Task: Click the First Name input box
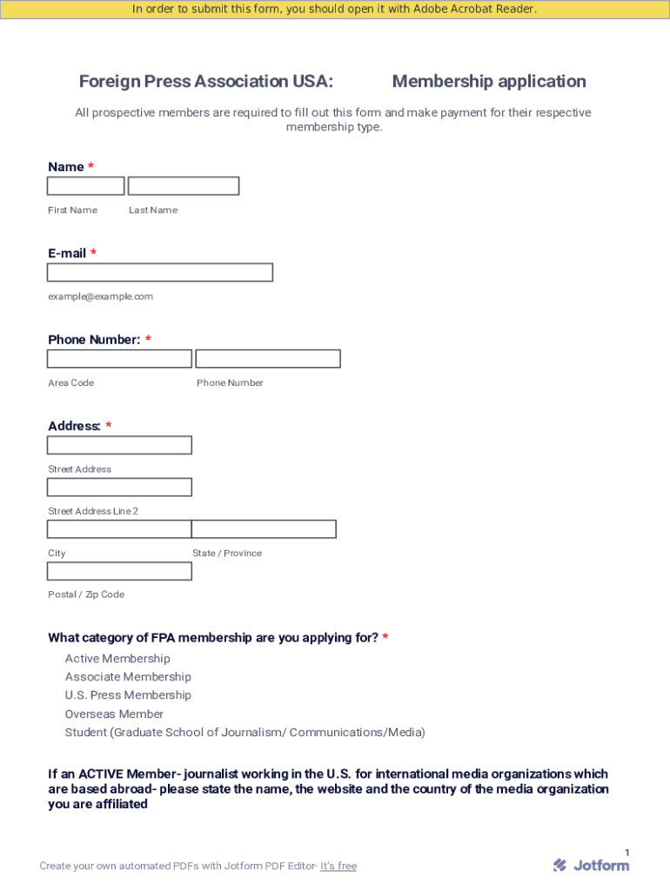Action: point(85,186)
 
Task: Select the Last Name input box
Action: point(184,186)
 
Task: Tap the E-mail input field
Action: point(160,272)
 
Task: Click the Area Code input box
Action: point(119,359)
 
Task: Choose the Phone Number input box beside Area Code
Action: point(268,359)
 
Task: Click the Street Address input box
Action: point(119,445)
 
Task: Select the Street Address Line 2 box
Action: point(119,487)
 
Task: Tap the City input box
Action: point(119,528)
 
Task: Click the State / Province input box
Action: point(264,528)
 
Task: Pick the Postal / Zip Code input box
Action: point(119,571)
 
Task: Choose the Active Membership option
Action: point(117,659)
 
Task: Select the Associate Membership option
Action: point(128,677)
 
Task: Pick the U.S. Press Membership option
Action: point(128,695)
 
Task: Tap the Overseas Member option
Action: point(114,714)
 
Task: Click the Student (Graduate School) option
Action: point(245,733)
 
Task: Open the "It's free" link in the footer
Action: point(338,866)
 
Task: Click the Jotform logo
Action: point(591,865)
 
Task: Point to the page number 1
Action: point(626,853)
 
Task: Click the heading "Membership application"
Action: point(489,82)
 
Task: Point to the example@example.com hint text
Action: point(100,296)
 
